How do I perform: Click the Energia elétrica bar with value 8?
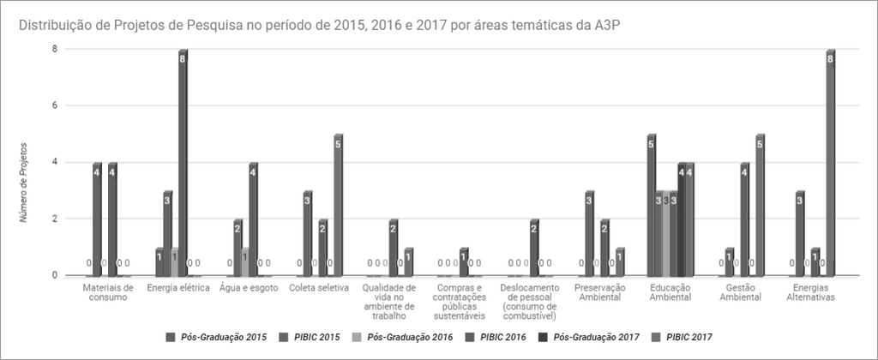point(183,163)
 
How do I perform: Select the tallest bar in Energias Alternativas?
point(830,163)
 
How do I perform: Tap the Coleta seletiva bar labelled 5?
point(338,206)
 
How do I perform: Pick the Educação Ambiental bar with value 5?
point(652,206)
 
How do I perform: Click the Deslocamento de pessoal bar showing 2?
point(534,249)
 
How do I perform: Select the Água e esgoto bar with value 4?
point(253,219)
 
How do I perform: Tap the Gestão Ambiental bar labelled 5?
point(760,206)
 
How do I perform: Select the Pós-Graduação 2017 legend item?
point(596,337)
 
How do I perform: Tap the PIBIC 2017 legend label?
point(689,337)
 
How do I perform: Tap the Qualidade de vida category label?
point(389,297)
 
